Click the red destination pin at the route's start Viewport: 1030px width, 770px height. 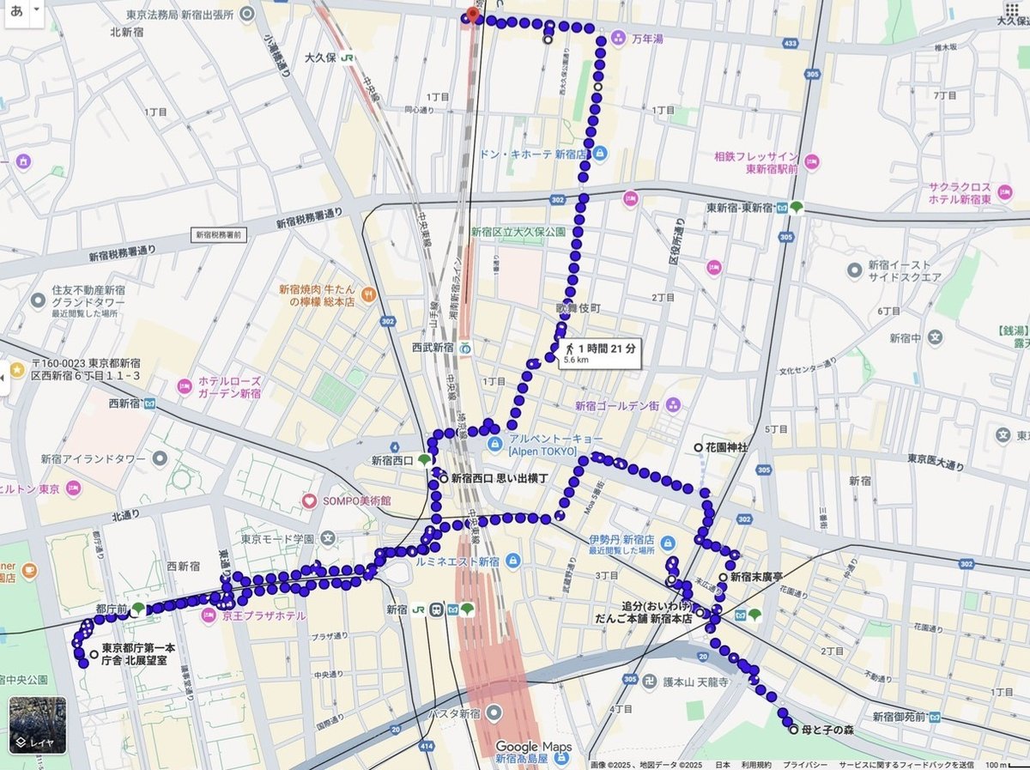(468, 14)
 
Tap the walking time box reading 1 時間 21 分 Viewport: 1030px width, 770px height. (600, 352)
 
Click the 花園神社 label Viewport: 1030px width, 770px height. (726, 448)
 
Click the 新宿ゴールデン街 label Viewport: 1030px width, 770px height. (615, 405)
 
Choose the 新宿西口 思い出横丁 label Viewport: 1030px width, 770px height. (500, 478)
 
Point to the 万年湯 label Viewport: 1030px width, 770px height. (648, 39)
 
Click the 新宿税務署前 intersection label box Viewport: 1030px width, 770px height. (218, 233)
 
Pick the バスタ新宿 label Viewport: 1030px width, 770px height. (458, 714)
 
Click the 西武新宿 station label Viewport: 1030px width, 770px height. (432, 348)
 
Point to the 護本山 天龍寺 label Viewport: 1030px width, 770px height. (695, 682)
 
